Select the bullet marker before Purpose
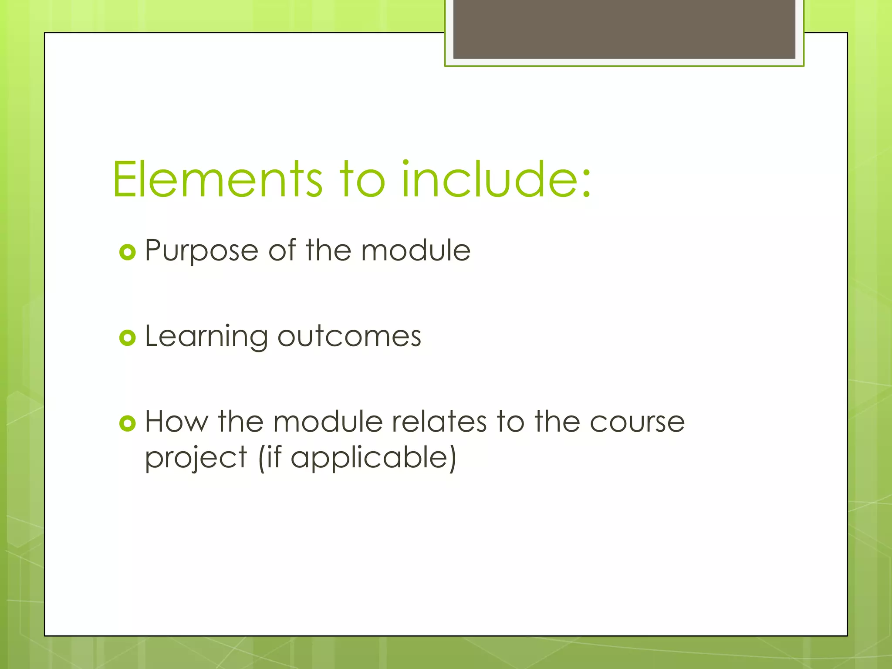(x=128, y=252)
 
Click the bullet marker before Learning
(x=128, y=338)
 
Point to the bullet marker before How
(x=128, y=423)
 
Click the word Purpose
(x=201, y=252)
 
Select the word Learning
(x=206, y=337)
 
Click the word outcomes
(x=349, y=337)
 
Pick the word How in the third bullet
(x=176, y=422)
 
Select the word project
(x=196, y=458)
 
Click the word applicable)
(x=373, y=458)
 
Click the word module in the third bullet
(x=328, y=422)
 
